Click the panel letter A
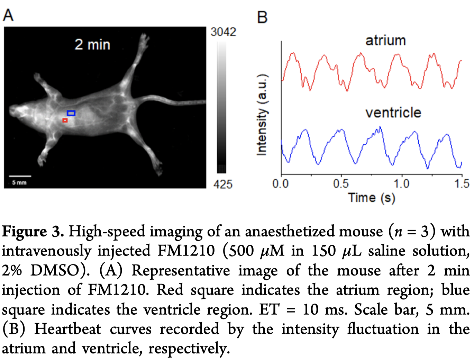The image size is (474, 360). (8, 15)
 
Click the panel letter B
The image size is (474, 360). (262, 17)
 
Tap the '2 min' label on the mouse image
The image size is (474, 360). (92, 45)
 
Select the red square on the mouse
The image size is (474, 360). (65, 120)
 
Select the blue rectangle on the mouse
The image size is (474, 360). (71, 113)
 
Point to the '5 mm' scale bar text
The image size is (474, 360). (19, 182)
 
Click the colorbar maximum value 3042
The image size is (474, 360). (223, 32)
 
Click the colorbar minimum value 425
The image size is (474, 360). (223, 184)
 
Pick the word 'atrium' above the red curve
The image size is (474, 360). (385, 40)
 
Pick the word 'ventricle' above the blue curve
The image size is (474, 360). (393, 112)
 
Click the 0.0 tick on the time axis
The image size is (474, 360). (281, 183)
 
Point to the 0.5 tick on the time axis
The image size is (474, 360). (341, 183)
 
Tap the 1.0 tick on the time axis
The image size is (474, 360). (402, 183)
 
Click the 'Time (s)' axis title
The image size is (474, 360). (372, 198)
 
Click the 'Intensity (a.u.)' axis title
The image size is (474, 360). (262, 115)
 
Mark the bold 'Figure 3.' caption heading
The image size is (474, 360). (33, 231)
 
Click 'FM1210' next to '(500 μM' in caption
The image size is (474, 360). (186, 251)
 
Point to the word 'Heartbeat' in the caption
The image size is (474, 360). (67, 329)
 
